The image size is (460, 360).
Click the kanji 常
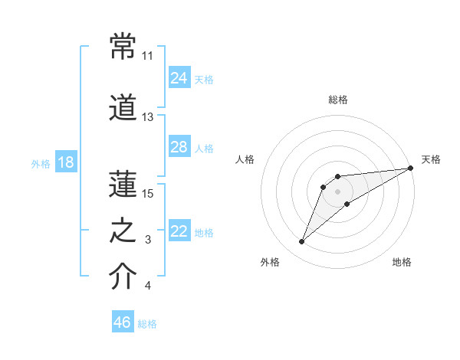123,46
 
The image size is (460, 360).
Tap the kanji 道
123,107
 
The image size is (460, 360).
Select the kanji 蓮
123,184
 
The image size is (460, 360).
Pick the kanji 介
123,276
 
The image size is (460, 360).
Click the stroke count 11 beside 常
147,56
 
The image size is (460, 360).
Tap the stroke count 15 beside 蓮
147,194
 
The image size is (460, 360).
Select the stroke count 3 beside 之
148,240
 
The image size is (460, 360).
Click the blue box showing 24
179,77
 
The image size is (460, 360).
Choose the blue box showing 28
179,146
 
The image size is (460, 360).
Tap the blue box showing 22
179,230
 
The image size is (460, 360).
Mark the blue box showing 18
66,162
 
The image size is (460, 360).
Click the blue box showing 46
123,321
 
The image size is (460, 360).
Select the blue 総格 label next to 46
147,324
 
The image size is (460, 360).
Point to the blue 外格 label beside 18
41,164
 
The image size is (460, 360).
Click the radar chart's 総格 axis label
338,100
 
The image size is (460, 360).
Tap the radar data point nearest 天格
411,168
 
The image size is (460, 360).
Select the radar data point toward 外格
301,241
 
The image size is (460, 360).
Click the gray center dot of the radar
337,191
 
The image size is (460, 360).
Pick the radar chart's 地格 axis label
402,262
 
